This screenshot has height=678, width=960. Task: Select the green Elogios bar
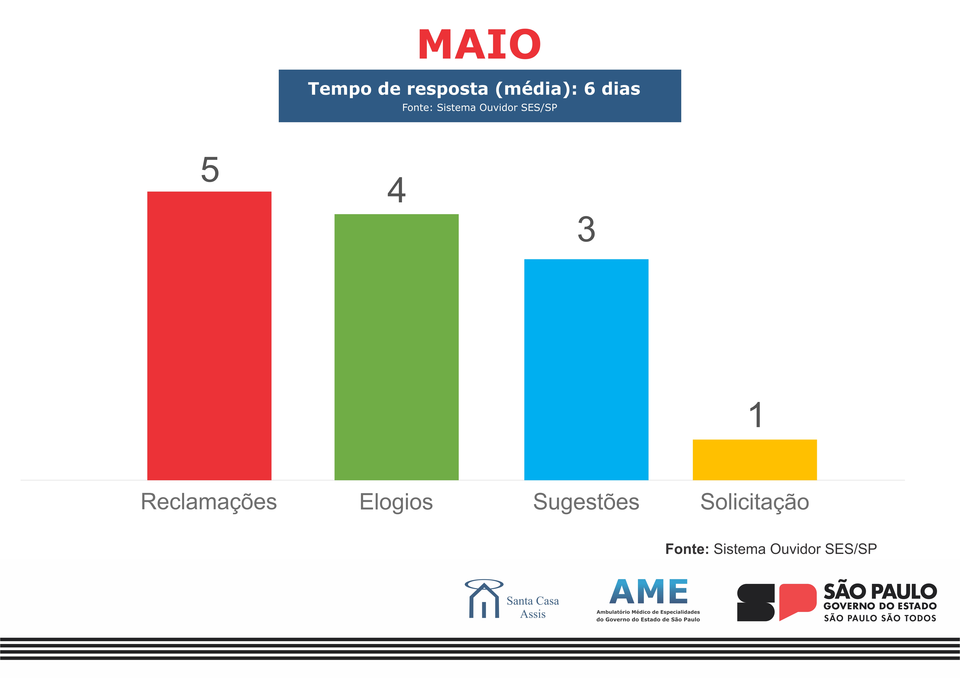pyautogui.click(x=396, y=347)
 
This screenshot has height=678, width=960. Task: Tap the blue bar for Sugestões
pyautogui.click(x=586, y=370)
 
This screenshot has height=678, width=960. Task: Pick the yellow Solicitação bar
pyautogui.click(x=755, y=460)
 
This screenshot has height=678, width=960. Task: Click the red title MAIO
pyautogui.click(x=480, y=44)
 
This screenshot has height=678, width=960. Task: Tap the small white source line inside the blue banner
pyautogui.click(x=480, y=107)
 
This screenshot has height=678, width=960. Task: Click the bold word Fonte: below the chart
pyautogui.click(x=687, y=549)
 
